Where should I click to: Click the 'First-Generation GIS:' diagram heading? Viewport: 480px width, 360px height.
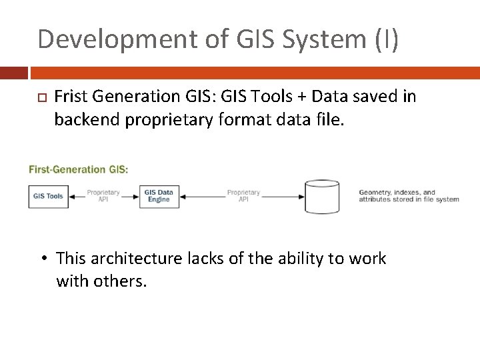pos(79,169)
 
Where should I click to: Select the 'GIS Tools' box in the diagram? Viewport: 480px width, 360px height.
pos(49,196)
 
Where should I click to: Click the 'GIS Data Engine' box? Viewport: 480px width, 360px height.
pos(159,196)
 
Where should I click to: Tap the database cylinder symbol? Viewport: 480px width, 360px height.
pos(321,196)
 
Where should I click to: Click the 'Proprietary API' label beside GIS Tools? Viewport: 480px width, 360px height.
pos(103,196)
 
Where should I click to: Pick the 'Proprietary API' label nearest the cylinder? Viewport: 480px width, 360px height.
pos(243,196)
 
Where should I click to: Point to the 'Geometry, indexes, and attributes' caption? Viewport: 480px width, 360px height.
pos(408,196)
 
